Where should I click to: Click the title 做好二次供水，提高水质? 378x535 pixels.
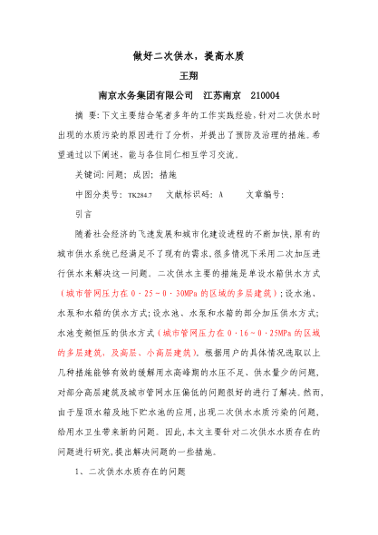(x=189, y=56)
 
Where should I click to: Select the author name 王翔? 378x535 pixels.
(x=189, y=76)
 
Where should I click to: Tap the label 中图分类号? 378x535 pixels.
(x=97, y=195)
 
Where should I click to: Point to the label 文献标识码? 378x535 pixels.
(x=187, y=195)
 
